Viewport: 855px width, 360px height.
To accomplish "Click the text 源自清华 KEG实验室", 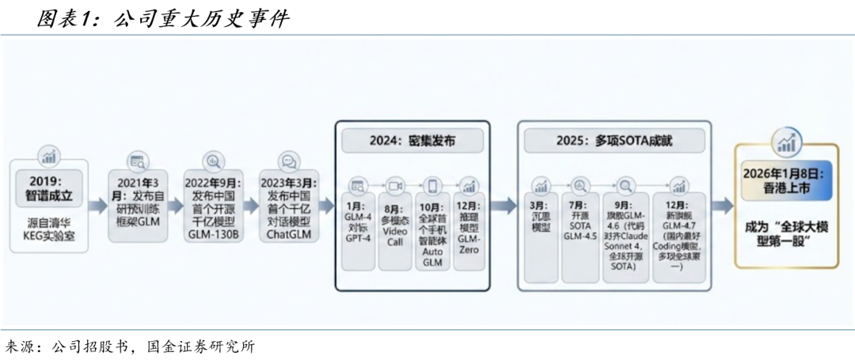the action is tap(49, 227).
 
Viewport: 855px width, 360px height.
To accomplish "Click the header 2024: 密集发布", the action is tap(412, 141).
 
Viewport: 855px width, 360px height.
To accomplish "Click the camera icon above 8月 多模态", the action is tap(396, 184).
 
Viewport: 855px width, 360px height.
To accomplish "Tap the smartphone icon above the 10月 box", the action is tap(432, 184).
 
